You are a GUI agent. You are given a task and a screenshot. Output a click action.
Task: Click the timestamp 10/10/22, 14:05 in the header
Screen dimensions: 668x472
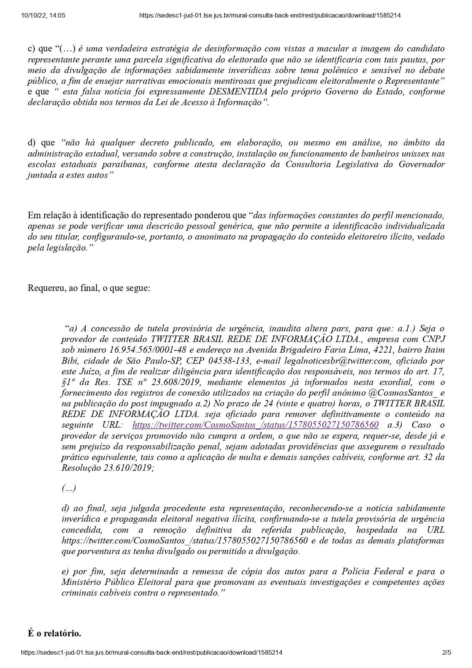pos(43,16)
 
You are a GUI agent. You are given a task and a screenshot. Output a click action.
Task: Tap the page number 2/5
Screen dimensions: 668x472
pos(446,652)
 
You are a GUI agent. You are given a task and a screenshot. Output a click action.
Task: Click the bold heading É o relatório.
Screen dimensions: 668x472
pos(54,633)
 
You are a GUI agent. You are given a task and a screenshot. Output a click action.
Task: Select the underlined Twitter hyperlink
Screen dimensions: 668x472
pos(255,425)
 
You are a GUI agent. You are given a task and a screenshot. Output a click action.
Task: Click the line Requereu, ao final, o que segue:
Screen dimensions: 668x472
pos(89,288)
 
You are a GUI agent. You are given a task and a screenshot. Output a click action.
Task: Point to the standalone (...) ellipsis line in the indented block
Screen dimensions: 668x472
pos(69,488)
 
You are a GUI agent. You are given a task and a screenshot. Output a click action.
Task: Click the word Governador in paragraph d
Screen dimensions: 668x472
pos(421,165)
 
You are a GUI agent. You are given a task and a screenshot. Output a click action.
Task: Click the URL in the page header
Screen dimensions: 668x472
pos(270,16)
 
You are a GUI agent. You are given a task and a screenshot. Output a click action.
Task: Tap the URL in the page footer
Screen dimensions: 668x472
pos(152,652)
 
